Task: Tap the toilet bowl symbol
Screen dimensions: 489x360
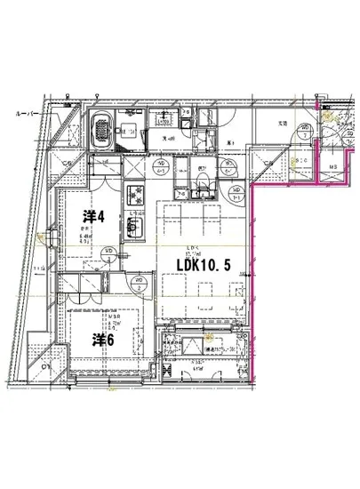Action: [204, 184]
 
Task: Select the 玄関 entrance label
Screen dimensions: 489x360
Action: [282, 123]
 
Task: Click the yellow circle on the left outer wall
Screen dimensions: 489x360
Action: [42, 236]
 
